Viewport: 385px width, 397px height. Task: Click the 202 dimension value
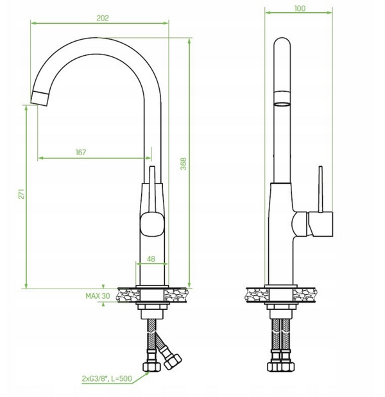pos(103,18)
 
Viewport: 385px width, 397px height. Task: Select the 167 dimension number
pos(81,153)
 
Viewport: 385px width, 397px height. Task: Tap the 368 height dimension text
pos(184,164)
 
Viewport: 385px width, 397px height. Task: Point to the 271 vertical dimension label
pos(22,194)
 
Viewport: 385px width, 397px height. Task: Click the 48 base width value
pos(151,259)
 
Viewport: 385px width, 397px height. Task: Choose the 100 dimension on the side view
pos(300,8)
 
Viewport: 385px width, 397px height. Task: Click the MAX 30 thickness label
pos(98,296)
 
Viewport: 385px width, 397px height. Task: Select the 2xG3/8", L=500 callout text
pos(107,378)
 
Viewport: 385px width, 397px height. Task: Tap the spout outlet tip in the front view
pos(40,98)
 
